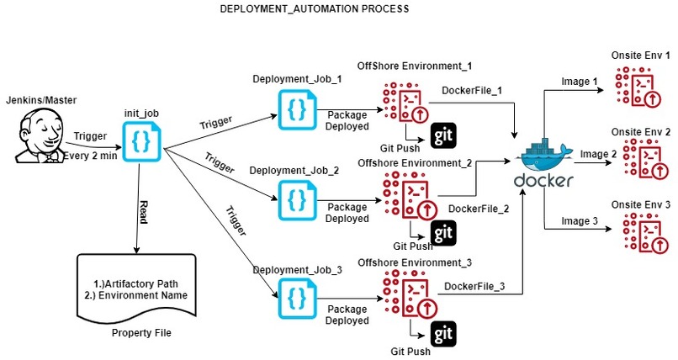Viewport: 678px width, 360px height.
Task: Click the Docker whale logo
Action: click(x=545, y=155)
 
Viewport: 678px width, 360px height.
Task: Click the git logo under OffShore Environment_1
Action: click(x=443, y=136)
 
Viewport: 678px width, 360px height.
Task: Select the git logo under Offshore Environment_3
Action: click(x=443, y=334)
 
